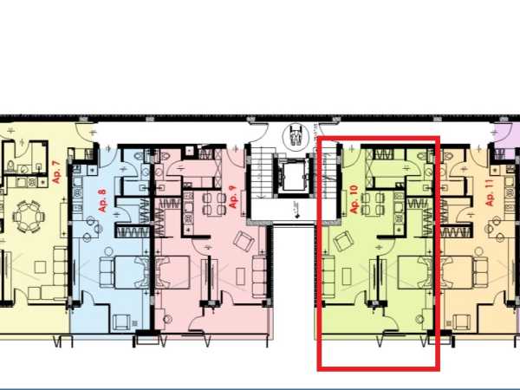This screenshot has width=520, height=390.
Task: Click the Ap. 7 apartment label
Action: click(57, 172)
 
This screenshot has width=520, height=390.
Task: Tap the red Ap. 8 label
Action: click(103, 200)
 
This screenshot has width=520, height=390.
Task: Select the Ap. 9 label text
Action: click(233, 197)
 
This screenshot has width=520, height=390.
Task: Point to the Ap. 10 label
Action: click(354, 199)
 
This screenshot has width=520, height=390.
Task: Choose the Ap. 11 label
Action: click(490, 192)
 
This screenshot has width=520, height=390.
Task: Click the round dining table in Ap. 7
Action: click(29, 216)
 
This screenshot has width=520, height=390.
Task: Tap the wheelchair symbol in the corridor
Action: click(295, 135)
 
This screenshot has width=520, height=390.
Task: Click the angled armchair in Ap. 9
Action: click(244, 241)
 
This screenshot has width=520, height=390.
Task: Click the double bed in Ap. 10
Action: click(415, 272)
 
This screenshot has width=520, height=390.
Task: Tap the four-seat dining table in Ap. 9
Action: click(214, 204)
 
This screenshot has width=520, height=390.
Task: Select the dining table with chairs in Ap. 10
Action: click(373, 205)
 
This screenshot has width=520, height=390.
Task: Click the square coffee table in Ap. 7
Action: click(40, 267)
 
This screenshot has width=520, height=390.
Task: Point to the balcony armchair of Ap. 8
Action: click(120, 322)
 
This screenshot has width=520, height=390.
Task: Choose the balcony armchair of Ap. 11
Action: click(461, 322)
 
